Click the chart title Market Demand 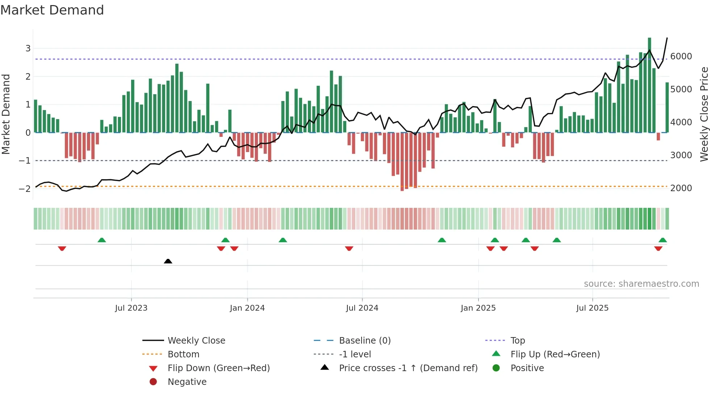(x=52, y=10)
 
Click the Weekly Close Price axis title (x=704, y=114)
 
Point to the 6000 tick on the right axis (x=681, y=56)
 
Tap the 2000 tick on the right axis (x=681, y=188)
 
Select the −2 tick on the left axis (x=25, y=189)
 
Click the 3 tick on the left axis (x=28, y=49)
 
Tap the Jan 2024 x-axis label (x=247, y=308)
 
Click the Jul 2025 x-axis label (x=592, y=308)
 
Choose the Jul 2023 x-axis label (x=131, y=308)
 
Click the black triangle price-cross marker (x=168, y=261)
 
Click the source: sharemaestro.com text (x=641, y=284)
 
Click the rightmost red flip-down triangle (x=658, y=248)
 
